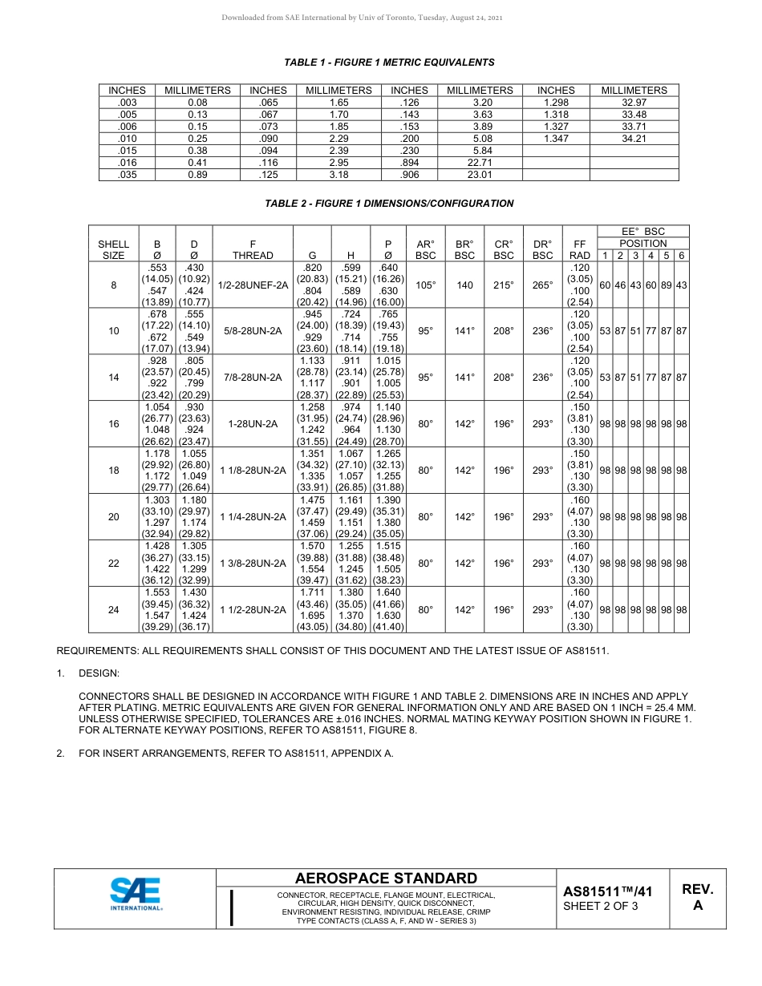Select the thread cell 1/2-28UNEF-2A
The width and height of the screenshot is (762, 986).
point(253,285)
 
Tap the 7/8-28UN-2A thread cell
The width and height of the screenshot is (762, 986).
point(253,378)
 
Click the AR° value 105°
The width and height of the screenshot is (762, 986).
point(425,285)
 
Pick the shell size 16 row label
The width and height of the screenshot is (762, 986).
point(113,424)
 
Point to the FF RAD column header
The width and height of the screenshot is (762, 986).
point(579,249)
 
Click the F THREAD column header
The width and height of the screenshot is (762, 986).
point(253,249)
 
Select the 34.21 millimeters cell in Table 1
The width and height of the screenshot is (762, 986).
point(634,139)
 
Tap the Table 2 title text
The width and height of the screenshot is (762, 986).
point(389,204)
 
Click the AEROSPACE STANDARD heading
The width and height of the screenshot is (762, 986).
point(386,879)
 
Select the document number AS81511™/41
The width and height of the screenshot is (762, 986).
point(607,891)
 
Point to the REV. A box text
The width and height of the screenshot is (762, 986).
point(697,897)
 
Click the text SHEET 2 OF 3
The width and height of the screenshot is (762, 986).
point(600,907)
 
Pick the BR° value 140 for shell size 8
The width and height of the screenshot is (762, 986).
point(464,285)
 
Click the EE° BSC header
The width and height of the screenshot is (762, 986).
point(642,232)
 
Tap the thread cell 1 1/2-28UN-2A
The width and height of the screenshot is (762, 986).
point(253,609)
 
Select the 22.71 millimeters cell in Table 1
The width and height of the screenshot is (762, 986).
point(480,163)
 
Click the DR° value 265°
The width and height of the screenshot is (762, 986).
point(543,285)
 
